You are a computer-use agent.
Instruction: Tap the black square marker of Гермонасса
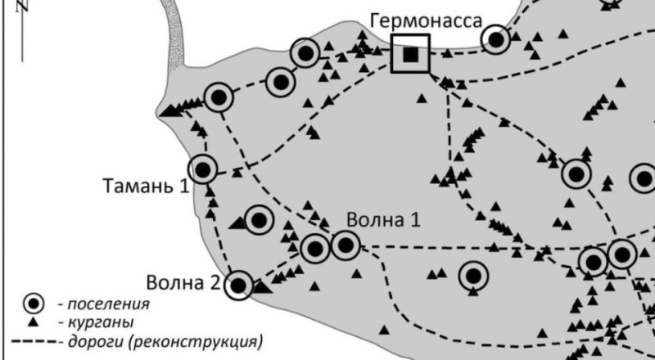click(x=410, y=54)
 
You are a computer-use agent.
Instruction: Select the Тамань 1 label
click(x=146, y=185)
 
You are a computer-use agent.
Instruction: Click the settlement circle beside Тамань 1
click(x=204, y=169)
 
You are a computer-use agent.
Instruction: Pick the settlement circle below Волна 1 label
click(x=346, y=244)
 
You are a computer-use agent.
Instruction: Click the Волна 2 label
click(x=183, y=284)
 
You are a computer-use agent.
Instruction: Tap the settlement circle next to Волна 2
click(x=239, y=285)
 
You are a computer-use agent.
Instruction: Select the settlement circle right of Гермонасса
click(x=496, y=38)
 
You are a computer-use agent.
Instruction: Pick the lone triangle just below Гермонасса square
click(x=422, y=98)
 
